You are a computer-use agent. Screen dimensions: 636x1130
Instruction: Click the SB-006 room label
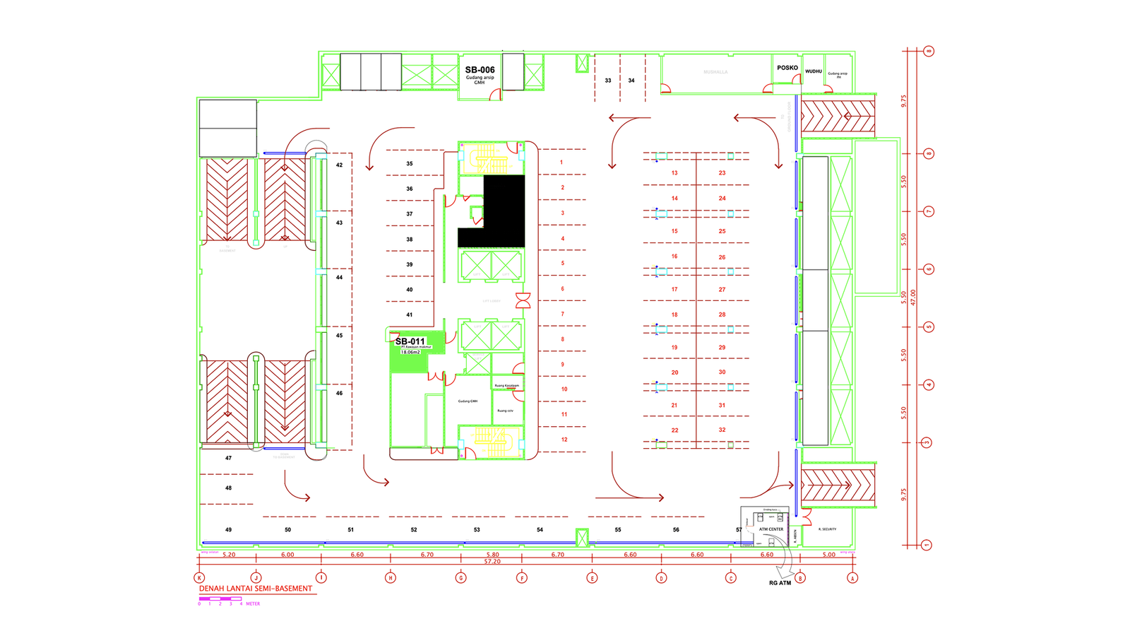pos(480,70)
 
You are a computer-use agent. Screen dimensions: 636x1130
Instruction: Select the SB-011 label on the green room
pos(410,341)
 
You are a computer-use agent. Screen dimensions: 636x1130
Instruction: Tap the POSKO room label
pos(787,68)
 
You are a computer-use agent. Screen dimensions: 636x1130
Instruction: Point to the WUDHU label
pos(814,71)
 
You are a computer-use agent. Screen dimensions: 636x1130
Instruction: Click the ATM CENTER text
pos(771,529)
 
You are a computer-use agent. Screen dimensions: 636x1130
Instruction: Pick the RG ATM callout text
pos(780,583)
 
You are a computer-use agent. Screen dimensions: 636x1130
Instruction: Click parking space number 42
pos(340,165)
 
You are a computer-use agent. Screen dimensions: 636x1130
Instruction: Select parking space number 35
pos(410,164)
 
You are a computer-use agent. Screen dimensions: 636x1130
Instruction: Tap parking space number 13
pos(674,173)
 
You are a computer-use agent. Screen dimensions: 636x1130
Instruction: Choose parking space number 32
pos(722,430)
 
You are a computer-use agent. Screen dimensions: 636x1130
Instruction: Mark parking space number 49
pos(228,530)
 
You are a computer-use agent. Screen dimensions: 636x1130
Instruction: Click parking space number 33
pos(608,81)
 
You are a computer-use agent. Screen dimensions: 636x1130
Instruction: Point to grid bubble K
pos(200,578)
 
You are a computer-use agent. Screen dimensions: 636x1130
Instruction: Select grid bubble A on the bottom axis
pos(852,578)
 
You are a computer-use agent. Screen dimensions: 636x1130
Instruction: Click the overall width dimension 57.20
pos(492,562)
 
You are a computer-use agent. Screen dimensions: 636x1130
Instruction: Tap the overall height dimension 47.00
pos(913,297)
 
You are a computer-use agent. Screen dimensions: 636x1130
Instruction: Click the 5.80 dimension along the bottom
pos(493,555)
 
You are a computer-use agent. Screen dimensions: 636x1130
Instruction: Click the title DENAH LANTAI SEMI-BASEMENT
pos(256,589)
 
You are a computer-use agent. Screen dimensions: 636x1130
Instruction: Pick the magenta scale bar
pos(220,599)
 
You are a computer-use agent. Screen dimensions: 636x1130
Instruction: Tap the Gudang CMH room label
pos(468,401)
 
